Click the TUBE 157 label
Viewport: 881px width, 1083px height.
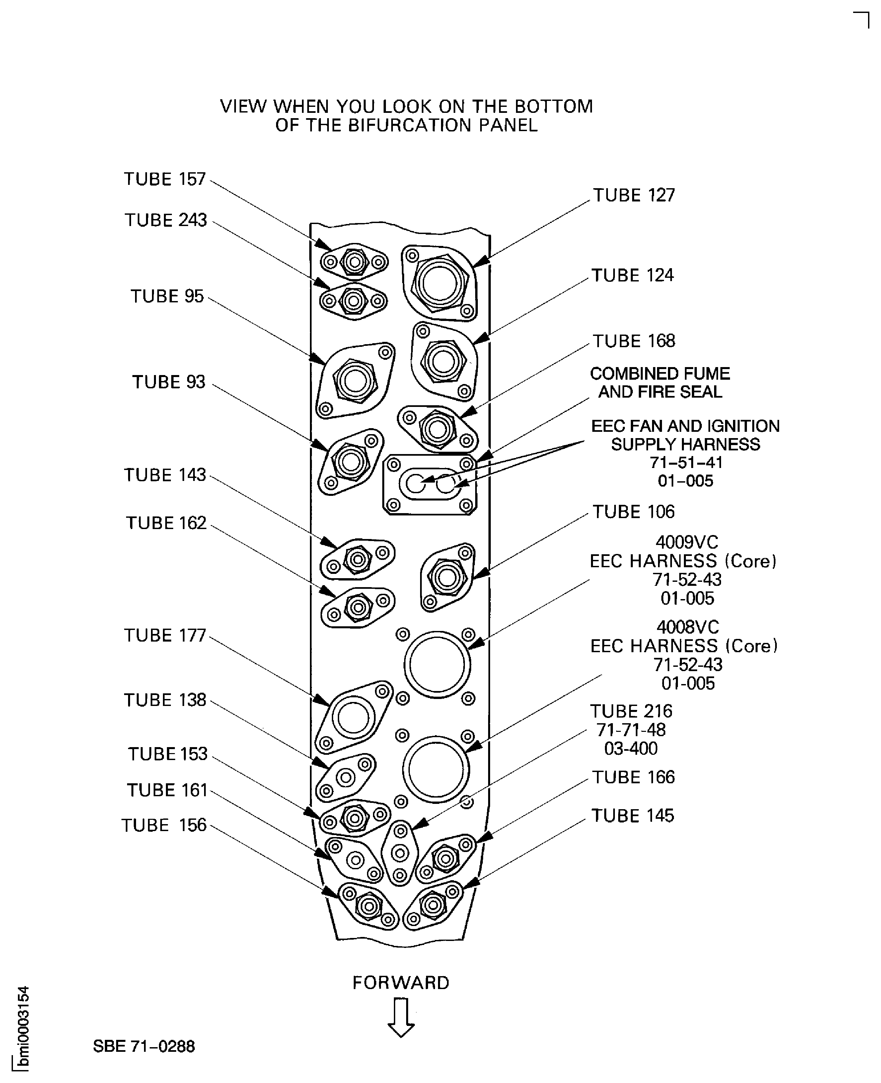pos(165,179)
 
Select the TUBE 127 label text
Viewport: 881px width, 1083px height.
pos(634,195)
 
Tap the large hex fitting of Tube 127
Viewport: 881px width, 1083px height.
pos(439,283)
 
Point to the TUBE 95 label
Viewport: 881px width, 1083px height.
pos(167,296)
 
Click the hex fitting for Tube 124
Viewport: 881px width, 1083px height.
pos(444,362)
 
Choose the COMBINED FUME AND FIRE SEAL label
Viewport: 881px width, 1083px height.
pos(660,383)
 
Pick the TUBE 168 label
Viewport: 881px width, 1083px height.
pos(634,341)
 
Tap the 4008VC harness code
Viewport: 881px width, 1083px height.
pos(688,627)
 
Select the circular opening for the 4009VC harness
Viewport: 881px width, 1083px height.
pos(437,664)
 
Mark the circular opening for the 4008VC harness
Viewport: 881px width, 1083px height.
pos(435,769)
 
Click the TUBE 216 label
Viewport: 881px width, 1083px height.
pos(631,712)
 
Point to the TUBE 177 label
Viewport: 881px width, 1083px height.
pos(165,635)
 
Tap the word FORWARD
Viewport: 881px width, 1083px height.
pos(401,983)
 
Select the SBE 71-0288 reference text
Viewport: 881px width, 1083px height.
pos(144,1046)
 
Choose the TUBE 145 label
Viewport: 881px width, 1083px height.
pos(632,816)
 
